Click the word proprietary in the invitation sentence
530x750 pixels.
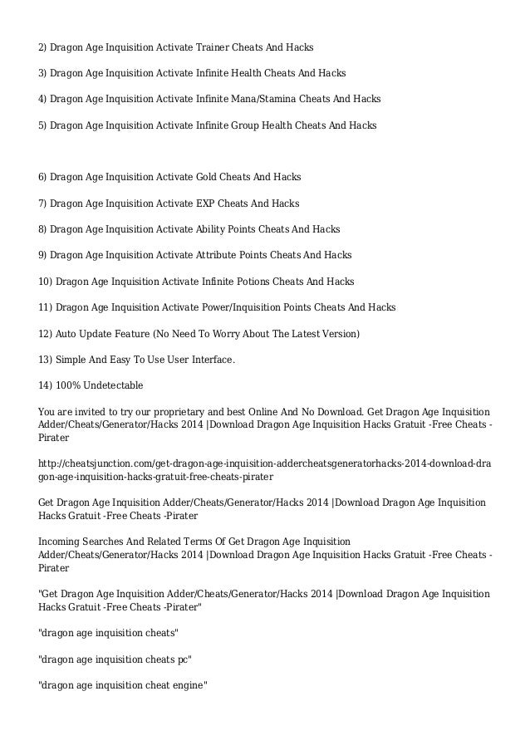[x=169, y=412]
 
